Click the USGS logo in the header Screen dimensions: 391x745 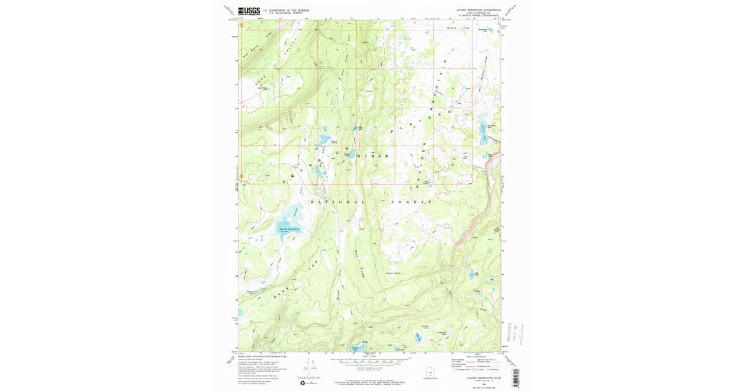249,11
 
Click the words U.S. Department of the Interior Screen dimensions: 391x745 286,9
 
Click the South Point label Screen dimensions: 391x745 394,272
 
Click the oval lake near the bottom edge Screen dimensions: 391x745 418,338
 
